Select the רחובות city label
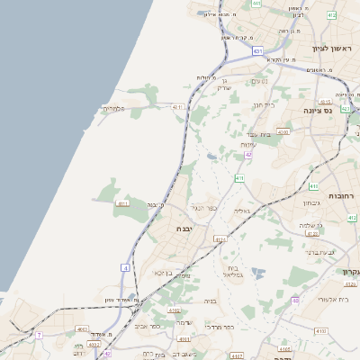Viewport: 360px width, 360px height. [x=342, y=195]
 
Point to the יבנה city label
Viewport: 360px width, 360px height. [x=188, y=229]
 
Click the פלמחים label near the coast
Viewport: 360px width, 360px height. [x=114, y=109]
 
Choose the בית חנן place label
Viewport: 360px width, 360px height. [x=263, y=105]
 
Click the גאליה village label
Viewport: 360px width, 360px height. [x=241, y=211]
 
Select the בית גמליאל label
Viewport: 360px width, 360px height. [x=233, y=272]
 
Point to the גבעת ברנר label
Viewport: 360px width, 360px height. [x=320, y=252]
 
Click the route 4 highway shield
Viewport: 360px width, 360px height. [x=125, y=268]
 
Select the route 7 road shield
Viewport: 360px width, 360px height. [x=39, y=335]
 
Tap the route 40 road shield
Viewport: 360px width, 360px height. [x=295, y=300]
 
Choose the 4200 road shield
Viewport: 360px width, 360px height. [x=283, y=131]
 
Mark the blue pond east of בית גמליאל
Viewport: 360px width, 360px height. [x=259, y=272]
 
